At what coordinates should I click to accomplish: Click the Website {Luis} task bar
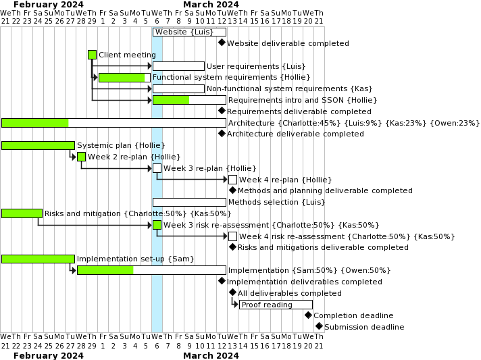point(189,32)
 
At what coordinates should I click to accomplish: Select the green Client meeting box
point(92,55)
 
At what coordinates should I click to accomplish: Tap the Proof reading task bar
point(276,305)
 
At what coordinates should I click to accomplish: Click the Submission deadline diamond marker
point(319,326)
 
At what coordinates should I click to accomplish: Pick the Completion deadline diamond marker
point(308,315)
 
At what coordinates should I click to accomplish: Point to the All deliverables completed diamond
point(232,292)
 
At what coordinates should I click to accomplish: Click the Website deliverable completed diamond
point(222,43)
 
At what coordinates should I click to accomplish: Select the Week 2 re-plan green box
point(81,157)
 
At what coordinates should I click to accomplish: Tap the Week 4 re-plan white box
point(232,180)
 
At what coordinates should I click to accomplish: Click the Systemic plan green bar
point(38,145)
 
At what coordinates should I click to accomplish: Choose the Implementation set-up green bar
point(38,259)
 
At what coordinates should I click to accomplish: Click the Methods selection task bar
point(189,202)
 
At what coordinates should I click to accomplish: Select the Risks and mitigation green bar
point(22,213)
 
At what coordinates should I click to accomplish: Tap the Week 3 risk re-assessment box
point(157,225)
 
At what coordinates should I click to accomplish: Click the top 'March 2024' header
point(211,5)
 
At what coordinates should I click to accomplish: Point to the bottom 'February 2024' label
point(49,355)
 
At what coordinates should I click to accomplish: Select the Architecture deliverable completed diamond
point(222,134)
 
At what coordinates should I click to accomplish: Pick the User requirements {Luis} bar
point(178,66)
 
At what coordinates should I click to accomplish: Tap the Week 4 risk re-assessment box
point(232,236)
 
